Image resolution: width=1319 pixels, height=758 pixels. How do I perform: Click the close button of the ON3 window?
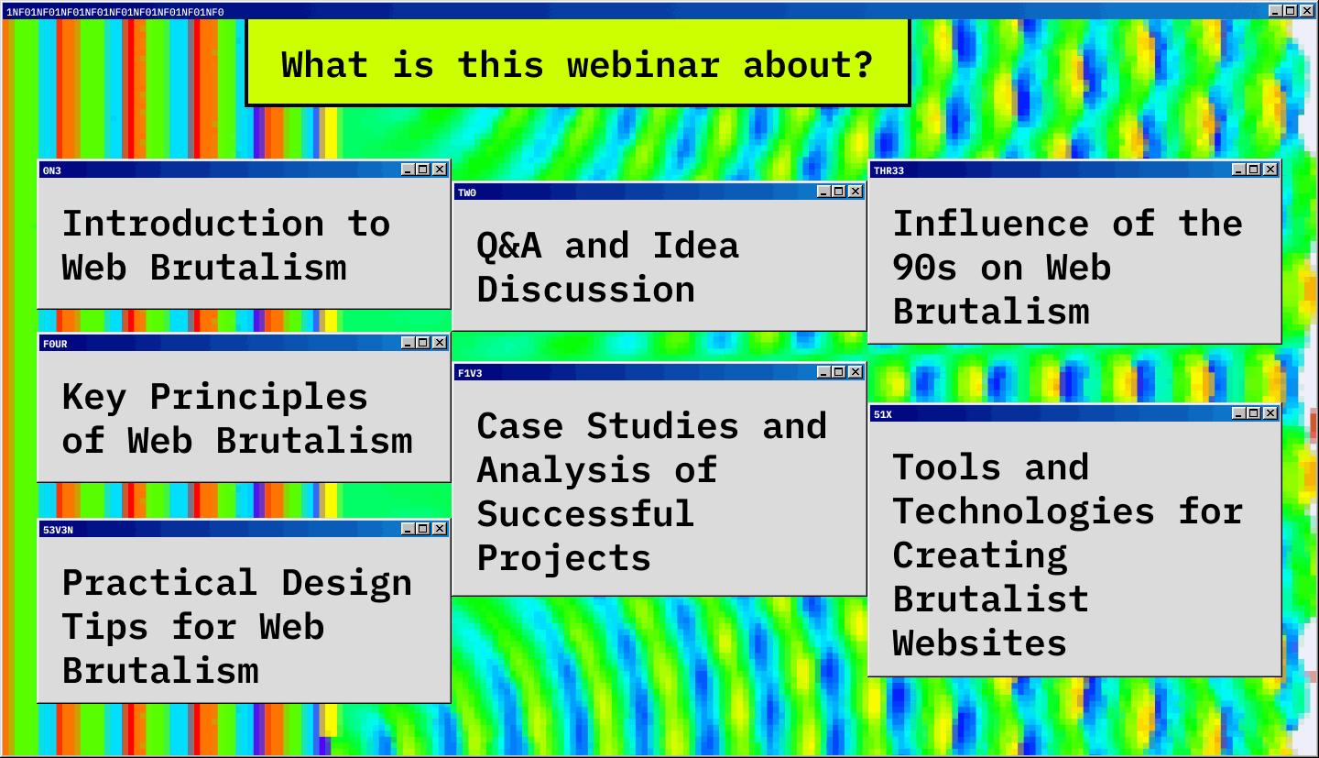coord(440,170)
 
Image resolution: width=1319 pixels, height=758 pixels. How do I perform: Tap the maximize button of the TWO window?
coord(838,192)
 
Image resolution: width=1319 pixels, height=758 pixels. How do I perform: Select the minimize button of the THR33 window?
coord(1237,170)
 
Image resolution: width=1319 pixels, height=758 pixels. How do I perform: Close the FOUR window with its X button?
coord(440,343)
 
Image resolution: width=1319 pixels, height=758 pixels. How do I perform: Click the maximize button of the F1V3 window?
coord(838,372)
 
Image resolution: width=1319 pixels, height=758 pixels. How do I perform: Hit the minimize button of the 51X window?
coord(1237,413)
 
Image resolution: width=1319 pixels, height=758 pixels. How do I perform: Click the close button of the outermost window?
coord(1306,11)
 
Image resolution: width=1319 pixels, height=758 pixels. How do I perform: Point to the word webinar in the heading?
coord(643,65)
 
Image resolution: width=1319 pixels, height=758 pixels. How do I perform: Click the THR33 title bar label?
coord(888,170)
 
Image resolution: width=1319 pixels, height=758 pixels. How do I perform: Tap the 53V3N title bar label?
coord(58,531)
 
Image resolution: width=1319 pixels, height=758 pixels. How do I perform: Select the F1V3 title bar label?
coord(470,374)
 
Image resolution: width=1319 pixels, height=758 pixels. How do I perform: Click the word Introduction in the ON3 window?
coord(193,224)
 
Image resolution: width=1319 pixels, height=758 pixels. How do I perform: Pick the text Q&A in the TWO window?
coord(508,246)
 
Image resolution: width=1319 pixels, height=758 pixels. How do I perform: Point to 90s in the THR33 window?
coord(924,269)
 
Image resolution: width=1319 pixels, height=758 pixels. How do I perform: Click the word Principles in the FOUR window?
coord(258,397)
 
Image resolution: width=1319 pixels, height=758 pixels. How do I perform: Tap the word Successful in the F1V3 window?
coord(585,514)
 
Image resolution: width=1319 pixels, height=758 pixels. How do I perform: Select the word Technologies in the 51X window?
coord(1023,511)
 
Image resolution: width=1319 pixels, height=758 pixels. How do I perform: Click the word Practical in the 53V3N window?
coord(160,584)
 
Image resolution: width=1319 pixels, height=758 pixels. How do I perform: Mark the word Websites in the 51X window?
coord(979,643)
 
